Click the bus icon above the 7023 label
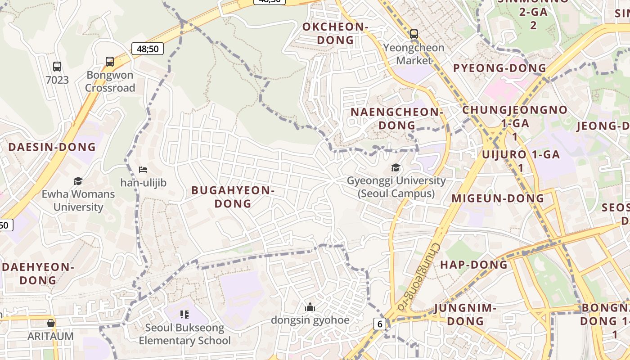click(57, 67)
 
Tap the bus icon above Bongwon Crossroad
click(110, 62)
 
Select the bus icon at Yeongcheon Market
click(414, 34)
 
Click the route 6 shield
click(380, 324)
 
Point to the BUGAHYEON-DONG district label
click(233, 197)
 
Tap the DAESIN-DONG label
click(52, 147)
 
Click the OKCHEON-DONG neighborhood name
click(335, 33)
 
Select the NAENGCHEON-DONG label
click(397, 118)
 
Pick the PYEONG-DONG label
click(499, 68)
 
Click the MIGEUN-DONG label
click(498, 198)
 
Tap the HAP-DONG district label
click(474, 265)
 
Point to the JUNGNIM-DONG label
click(465, 315)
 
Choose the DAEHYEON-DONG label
click(38, 274)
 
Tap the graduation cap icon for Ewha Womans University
click(78, 181)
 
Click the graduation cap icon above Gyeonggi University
click(396, 168)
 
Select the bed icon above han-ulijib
click(143, 170)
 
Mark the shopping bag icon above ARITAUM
click(50, 323)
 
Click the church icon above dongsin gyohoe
click(310, 307)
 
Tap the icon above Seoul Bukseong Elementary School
click(184, 314)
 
